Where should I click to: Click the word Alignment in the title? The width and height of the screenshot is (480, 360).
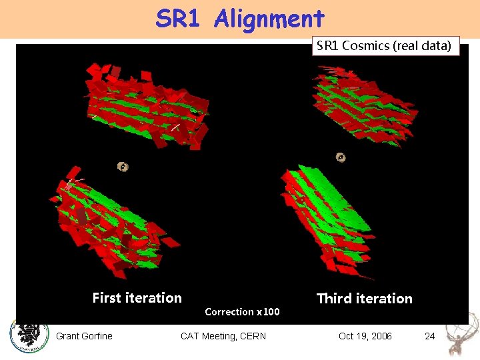coord(269,19)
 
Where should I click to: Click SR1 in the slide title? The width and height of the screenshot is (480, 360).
coord(178,19)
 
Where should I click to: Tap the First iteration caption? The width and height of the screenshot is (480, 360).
coord(137,298)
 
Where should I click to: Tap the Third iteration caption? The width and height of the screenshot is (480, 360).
coord(364,299)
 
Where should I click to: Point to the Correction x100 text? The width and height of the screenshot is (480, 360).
coord(242,312)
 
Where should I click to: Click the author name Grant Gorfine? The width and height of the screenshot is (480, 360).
coord(84,336)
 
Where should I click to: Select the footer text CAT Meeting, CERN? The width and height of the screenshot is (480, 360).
coord(223,336)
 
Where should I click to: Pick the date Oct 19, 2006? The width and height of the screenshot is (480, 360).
coord(365,336)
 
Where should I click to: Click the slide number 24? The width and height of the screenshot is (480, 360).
coord(430,336)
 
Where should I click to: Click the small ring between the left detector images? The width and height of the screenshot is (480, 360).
coord(123,167)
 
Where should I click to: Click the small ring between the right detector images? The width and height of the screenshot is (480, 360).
coord(341,158)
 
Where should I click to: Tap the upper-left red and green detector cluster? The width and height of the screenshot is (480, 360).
coord(147,107)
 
